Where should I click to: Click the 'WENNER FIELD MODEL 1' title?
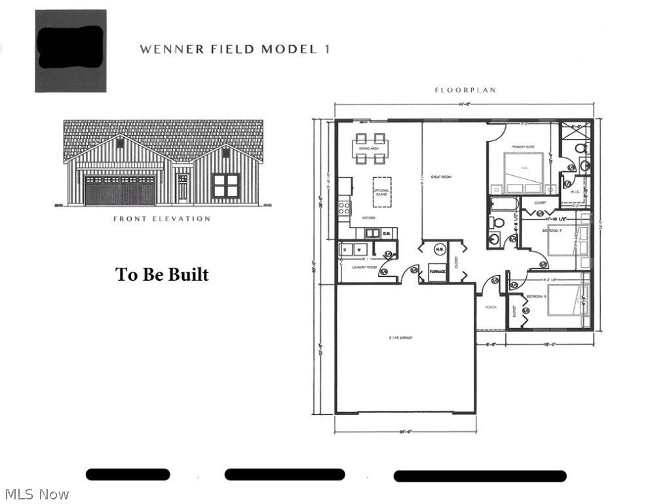(235, 49)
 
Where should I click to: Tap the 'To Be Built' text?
(162, 274)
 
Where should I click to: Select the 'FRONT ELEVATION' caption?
(162, 219)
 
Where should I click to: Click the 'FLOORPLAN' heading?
(465, 90)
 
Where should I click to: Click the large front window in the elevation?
(226, 186)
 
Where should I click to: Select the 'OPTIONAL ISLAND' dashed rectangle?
(381, 192)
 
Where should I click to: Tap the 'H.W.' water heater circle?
(439, 249)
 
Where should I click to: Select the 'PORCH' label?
(491, 307)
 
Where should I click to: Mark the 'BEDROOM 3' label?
(536, 297)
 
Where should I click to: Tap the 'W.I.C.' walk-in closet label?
(574, 192)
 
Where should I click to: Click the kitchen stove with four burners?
(344, 209)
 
